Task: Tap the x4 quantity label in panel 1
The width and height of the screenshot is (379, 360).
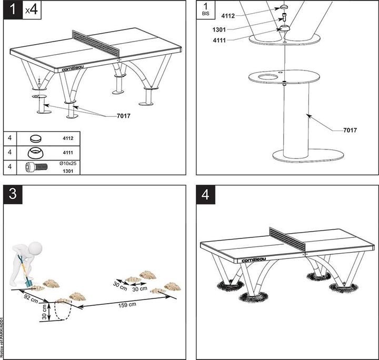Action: [x=32, y=11]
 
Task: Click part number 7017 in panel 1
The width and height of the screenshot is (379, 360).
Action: [x=124, y=115]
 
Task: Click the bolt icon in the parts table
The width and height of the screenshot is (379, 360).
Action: [x=29, y=167]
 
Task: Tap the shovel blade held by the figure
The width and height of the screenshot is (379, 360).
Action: [x=27, y=284]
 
